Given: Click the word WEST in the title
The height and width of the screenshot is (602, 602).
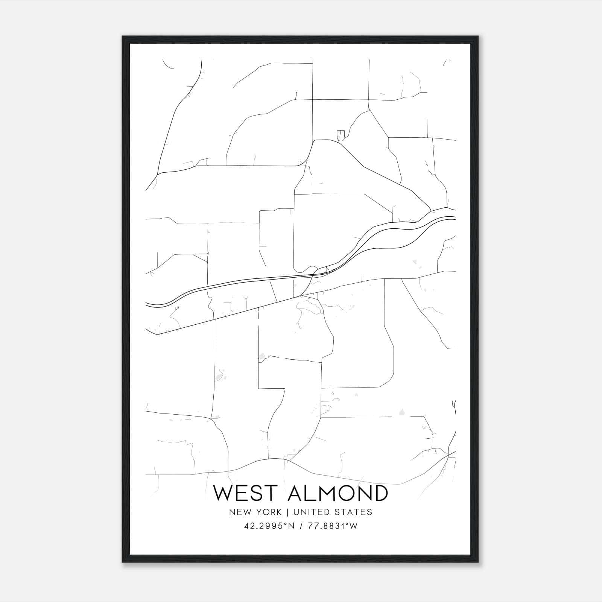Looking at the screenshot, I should (x=247, y=493).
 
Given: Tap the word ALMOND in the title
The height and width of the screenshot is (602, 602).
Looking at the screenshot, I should (x=337, y=493).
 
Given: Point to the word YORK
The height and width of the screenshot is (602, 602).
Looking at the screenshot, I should (x=268, y=512).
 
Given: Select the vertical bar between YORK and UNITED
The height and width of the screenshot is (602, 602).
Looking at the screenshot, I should (x=287, y=512).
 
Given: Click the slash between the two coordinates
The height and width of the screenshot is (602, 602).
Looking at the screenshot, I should (x=300, y=526).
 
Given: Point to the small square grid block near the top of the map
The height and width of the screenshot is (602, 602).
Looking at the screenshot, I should (x=341, y=134).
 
